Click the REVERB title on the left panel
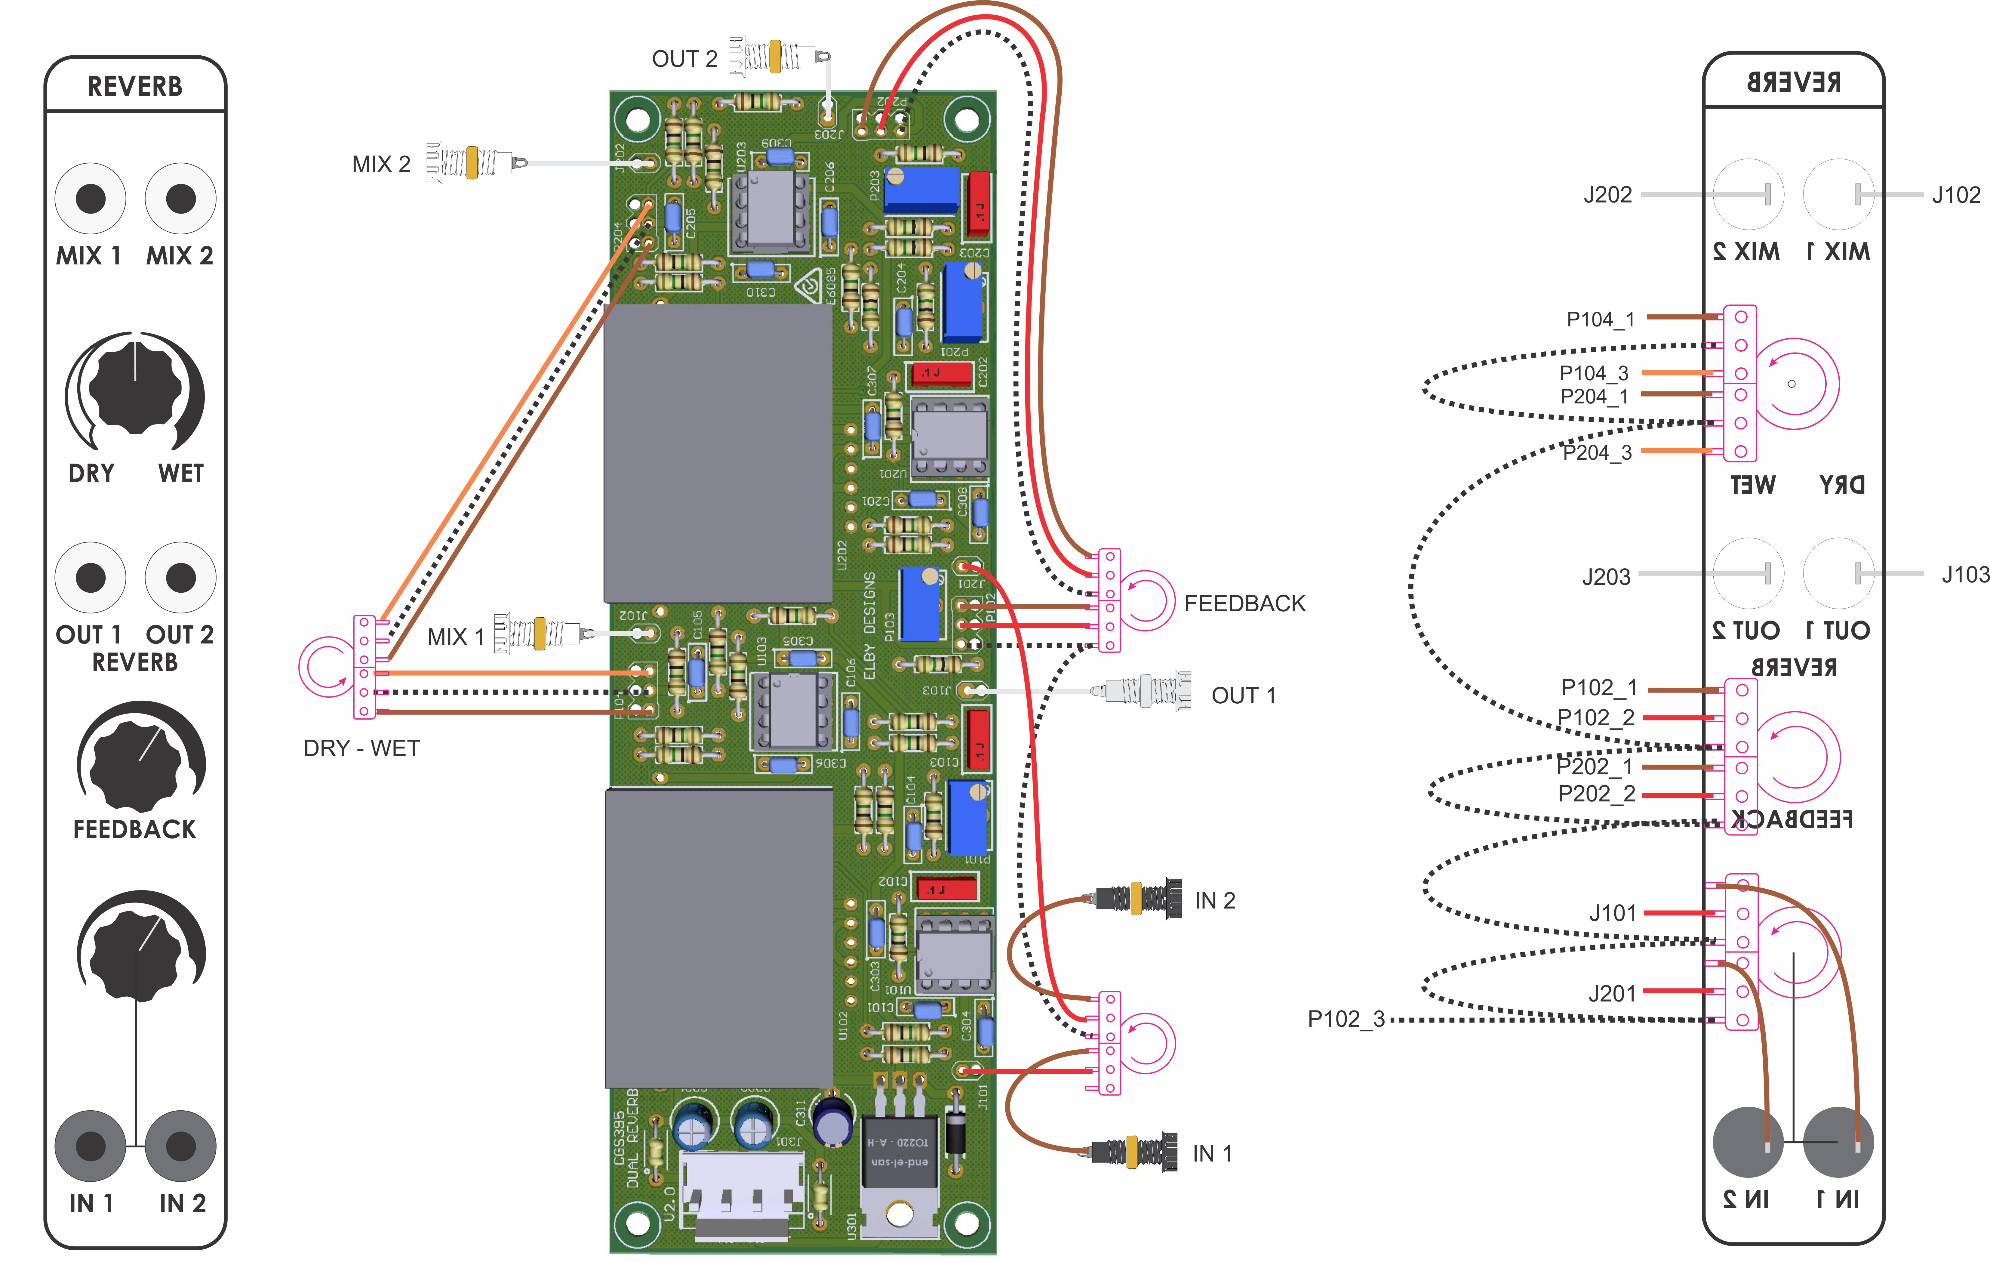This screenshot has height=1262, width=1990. click(x=135, y=86)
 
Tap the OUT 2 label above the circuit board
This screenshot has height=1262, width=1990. click(x=684, y=59)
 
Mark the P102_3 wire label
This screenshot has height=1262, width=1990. click(x=1346, y=1019)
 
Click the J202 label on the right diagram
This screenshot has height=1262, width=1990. click(x=1607, y=195)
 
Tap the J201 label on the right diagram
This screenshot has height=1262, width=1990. click(x=1611, y=993)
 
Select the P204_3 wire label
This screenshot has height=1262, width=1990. click(x=1597, y=452)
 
